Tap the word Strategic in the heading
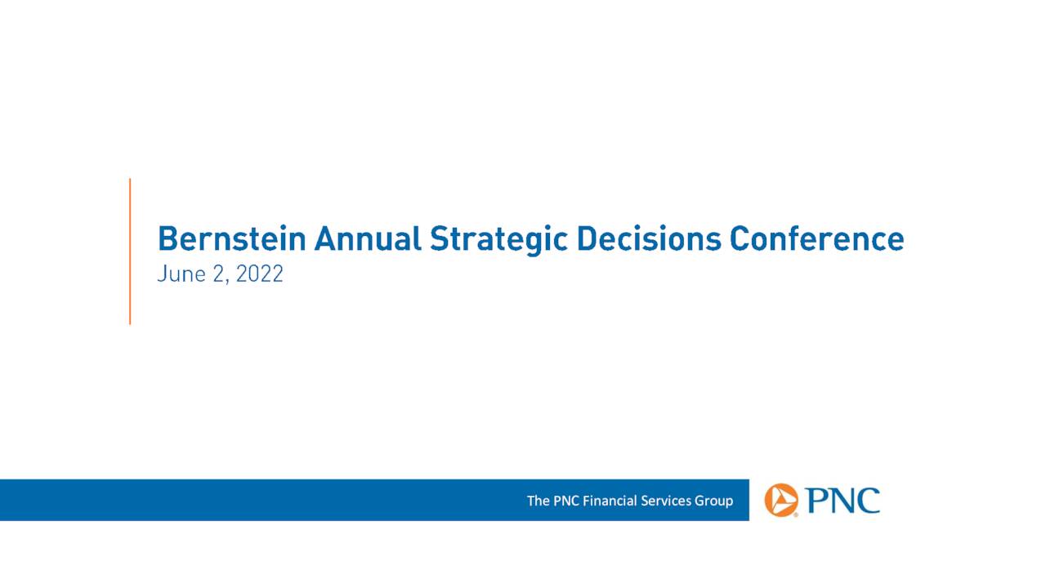(x=498, y=240)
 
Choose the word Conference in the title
(x=816, y=238)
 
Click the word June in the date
(x=180, y=274)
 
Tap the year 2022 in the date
(x=260, y=274)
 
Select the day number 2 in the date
(x=217, y=274)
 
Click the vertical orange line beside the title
(x=130, y=252)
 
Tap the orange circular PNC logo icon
(x=781, y=500)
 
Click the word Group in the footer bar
(x=714, y=501)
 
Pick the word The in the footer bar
(x=539, y=501)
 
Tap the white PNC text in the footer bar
(x=566, y=501)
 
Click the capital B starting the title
(x=167, y=238)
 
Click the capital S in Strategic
(x=439, y=238)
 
